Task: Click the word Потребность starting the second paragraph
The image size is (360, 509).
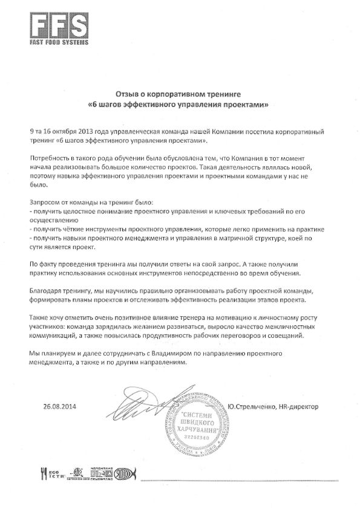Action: pyautogui.click(x=52, y=157)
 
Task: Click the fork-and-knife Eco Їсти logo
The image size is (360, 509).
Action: pyautogui.click(x=49, y=473)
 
